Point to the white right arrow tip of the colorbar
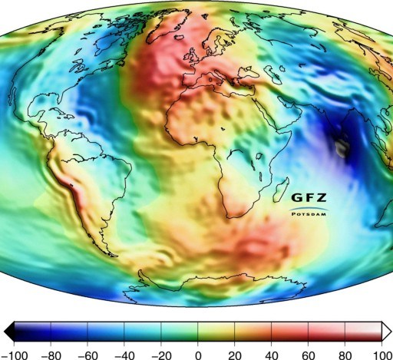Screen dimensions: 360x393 387,329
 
